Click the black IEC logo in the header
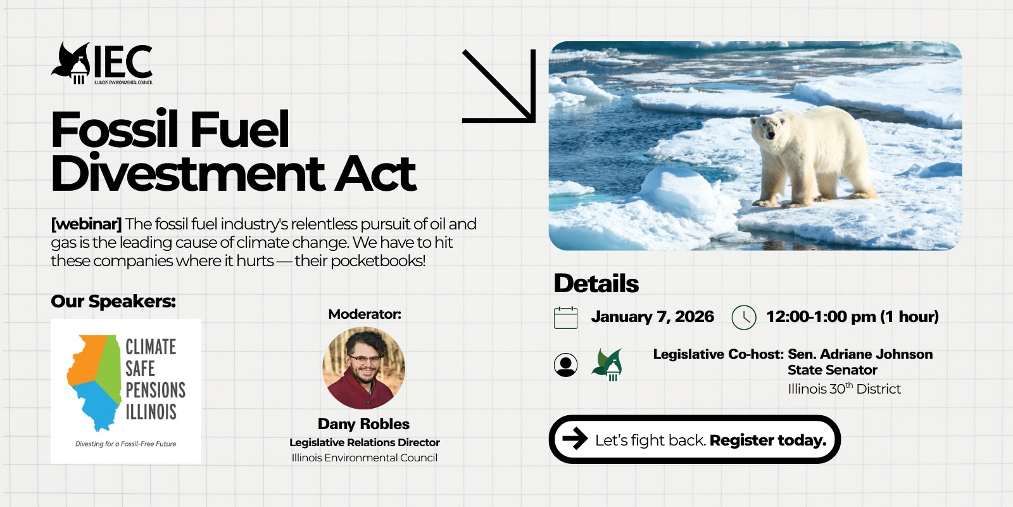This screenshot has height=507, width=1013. pos(102,63)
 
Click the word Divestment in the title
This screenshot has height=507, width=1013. pos(187,174)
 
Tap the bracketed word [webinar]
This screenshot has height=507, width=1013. pos(86,224)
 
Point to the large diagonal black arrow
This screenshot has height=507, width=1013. pos(499,86)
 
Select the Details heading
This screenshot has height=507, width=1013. pos(596,283)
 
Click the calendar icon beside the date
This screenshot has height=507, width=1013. pos(566,318)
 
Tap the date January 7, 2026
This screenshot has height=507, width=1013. pos(652,316)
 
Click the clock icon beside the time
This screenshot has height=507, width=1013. pos(744,318)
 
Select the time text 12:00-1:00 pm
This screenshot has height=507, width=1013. pos(821,316)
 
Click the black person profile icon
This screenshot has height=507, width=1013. pos(566,365)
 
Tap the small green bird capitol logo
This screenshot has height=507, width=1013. pos(607,364)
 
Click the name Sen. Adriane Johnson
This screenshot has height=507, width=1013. pos(860,354)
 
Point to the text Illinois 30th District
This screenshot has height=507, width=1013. pos(845,389)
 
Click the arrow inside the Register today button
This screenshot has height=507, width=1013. pos(575,439)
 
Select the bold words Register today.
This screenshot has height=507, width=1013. pos(768,440)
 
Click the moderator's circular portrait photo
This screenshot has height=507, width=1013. pos(363,368)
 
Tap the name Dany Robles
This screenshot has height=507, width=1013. pos(363,424)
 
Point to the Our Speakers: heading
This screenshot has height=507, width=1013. pos(113,302)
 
